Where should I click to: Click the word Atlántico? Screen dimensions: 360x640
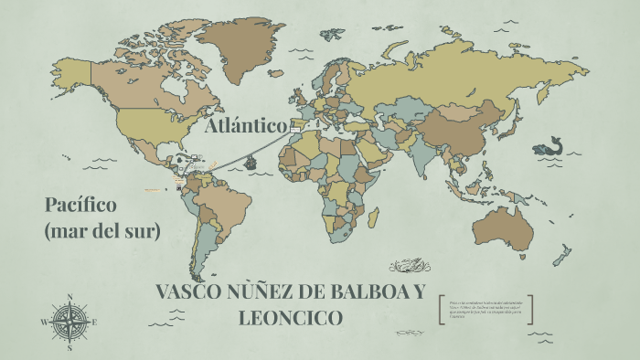[247, 125]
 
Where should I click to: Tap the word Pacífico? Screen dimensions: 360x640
[80, 204]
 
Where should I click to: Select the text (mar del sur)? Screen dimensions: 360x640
[101, 231]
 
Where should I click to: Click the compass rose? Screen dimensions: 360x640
[70, 322]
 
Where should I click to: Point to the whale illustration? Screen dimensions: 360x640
[549, 146]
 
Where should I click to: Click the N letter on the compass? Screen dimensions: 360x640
[70, 296]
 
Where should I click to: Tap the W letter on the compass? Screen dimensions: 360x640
[43, 323]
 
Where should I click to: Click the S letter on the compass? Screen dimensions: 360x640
[70, 348]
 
